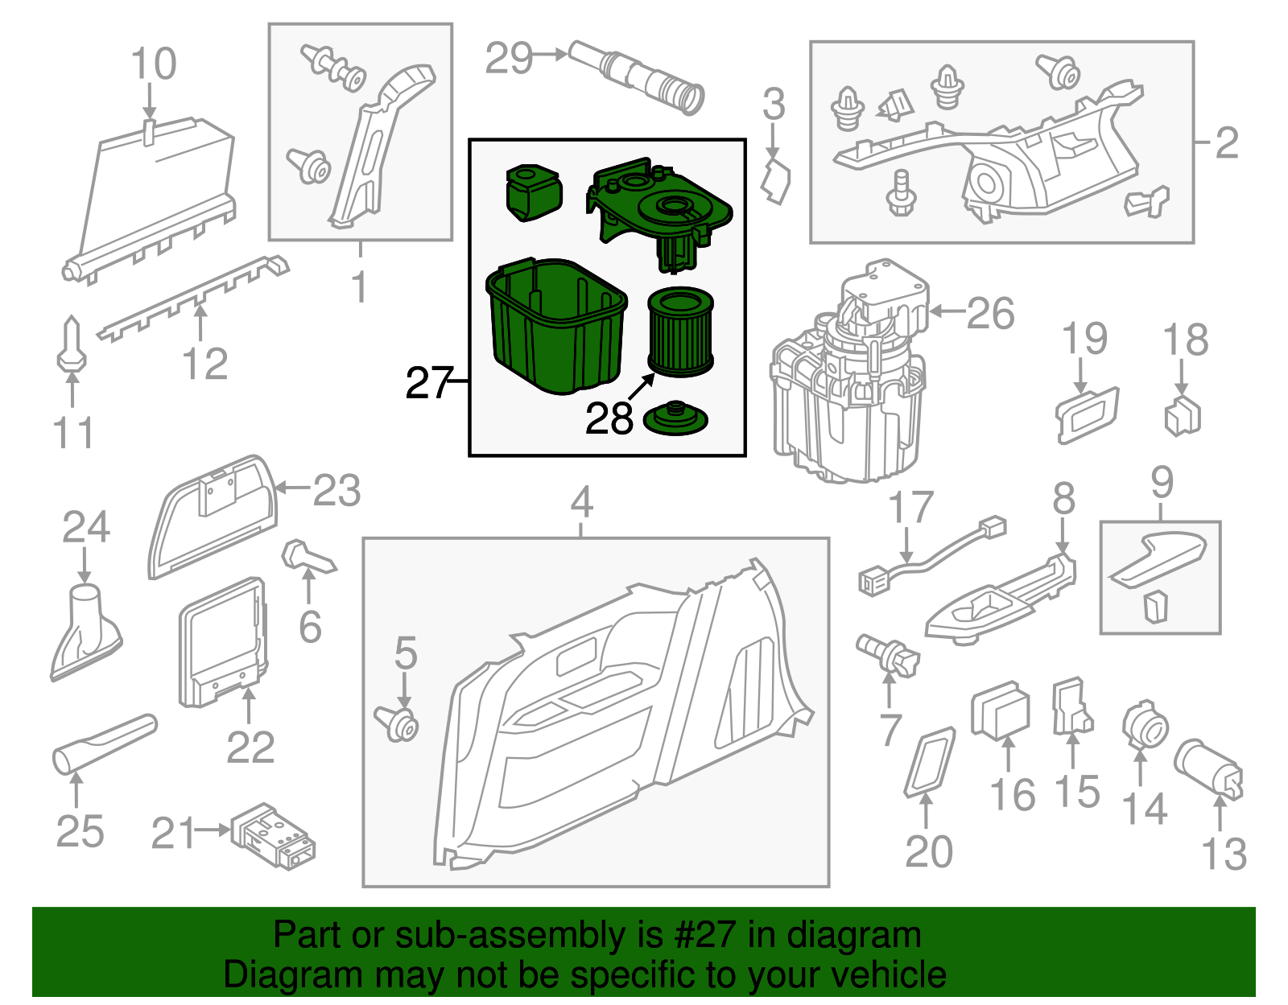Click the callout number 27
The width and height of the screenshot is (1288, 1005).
tap(430, 383)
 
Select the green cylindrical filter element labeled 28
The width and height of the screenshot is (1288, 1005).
tap(681, 332)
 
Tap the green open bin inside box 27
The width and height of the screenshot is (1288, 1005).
tap(555, 326)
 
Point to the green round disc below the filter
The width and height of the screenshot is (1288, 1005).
tap(676, 419)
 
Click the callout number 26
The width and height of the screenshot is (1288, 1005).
tap(990, 313)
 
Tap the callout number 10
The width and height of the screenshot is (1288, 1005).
tap(153, 64)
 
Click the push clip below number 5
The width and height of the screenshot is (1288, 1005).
tap(397, 722)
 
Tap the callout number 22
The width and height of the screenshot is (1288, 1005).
tap(250, 748)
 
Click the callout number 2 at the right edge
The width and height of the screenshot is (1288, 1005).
tap(1226, 142)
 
